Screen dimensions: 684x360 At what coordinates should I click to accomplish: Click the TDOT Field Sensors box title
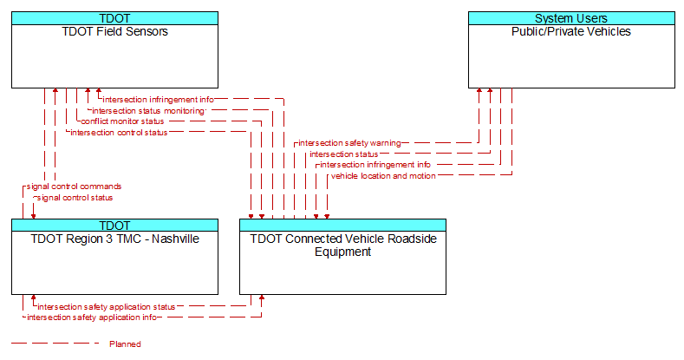pyautogui.click(x=114, y=31)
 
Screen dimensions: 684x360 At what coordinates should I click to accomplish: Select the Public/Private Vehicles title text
pyautogui.click(x=571, y=31)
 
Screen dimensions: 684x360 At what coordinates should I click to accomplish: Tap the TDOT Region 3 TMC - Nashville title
pyautogui.click(x=114, y=239)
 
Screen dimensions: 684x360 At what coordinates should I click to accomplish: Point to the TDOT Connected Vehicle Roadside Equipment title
pyautogui.click(x=343, y=245)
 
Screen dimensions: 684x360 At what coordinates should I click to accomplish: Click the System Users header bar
pyautogui.click(x=571, y=18)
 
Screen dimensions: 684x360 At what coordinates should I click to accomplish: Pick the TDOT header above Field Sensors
pyautogui.click(x=114, y=18)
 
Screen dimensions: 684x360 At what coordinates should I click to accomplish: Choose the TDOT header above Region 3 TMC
pyautogui.click(x=114, y=226)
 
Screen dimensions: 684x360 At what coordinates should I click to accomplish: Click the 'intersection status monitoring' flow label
pyautogui.click(x=148, y=111)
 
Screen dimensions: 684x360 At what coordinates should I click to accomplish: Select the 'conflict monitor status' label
pyautogui.click(x=122, y=121)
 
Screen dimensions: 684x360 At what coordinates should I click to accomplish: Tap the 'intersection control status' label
pyautogui.click(x=119, y=132)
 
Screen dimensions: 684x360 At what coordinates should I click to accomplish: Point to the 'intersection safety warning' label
pyautogui.click(x=349, y=142)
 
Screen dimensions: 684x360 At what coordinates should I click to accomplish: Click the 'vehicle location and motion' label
pyautogui.click(x=383, y=176)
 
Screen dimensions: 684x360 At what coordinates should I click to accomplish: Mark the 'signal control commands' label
pyautogui.click(x=75, y=187)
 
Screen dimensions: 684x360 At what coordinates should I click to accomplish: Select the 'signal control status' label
pyautogui.click(x=75, y=198)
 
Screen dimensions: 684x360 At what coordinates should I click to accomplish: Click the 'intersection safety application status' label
pyautogui.click(x=107, y=307)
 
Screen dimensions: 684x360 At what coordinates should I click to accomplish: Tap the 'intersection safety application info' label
pyautogui.click(x=92, y=317)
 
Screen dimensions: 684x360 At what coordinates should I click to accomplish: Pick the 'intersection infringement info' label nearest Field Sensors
pyautogui.click(x=159, y=100)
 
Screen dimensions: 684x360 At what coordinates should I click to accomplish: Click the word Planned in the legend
pyautogui.click(x=125, y=344)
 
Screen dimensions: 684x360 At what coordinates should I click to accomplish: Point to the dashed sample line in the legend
pyautogui.click(x=55, y=344)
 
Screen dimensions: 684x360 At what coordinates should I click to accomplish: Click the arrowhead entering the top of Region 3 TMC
pyautogui.click(x=34, y=217)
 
